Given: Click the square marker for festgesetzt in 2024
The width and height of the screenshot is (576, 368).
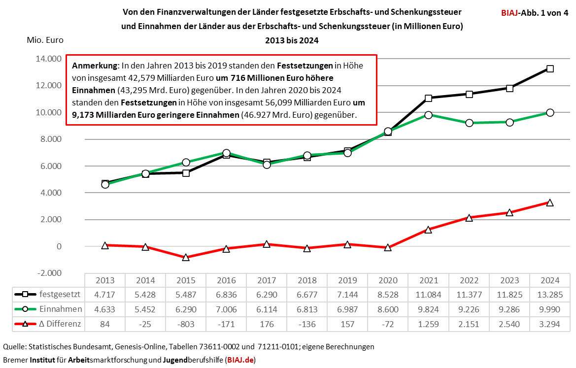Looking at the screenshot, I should pyautogui.click(x=550, y=68).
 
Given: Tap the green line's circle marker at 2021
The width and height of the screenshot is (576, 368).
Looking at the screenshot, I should pyautogui.click(x=429, y=115).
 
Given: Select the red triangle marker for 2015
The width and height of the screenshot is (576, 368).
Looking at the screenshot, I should pyautogui.click(x=186, y=257).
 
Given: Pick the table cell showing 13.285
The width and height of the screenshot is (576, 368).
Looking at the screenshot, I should pyautogui.click(x=550, y=295).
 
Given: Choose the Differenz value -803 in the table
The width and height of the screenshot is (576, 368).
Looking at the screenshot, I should pyautogui.click(x=186, y=325).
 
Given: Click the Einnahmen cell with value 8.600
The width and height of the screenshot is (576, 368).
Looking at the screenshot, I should pyautogui.click(x=388, y=309).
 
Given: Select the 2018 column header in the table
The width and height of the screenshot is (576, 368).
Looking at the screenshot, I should pyautogui.click(x=307, y=280).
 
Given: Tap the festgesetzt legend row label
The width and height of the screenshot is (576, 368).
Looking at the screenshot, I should pyautogui.click(x=59, y=295).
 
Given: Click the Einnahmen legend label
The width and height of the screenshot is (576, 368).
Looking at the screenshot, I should pyautogui.click(x=60, y=309).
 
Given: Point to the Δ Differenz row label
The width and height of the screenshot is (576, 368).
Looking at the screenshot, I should pyautogui.click(x=60, y=325).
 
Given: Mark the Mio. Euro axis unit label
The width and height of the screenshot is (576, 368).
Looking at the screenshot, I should pyautogui.click(x=45, y=40).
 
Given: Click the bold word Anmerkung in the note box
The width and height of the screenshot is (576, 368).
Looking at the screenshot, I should pyautogui.click(x=95, y=66).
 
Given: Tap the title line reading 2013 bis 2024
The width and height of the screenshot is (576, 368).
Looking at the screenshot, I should pyautogui.click(x=292, y=40).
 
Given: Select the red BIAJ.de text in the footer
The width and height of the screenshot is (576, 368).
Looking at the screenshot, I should pyautogui.click(x=240, y=360).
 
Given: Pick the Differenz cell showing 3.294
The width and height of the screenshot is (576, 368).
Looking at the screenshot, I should pyautogui.click(x=550, y=325).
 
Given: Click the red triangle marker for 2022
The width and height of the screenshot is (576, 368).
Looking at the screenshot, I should pyautogui.click(x=469, y=217).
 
